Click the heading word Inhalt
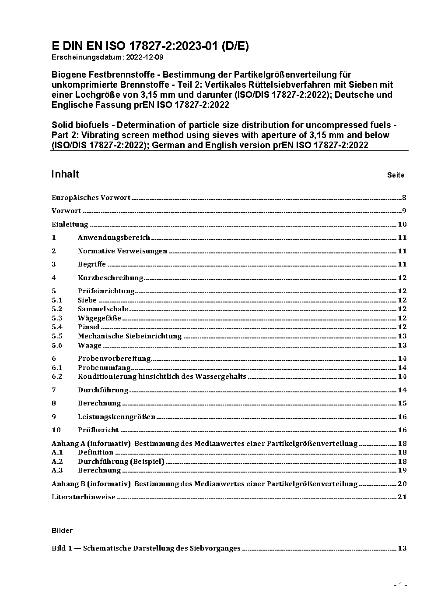pos(65,174)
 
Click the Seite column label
pos(395,175)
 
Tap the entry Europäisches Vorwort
pos(91,198)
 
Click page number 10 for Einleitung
pos(402,224)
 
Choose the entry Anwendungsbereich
pos(114,238)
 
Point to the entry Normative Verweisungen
pos(122,251)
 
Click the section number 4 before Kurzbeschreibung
pos(54,278)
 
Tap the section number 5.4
pos(57,327)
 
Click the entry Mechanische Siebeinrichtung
pos(129,336)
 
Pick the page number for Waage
pos(402,345)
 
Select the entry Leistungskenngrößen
pos(116,417)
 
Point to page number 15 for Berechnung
pos(402,403)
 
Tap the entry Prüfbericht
pos(98,430)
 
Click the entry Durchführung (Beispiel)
pos(121,462)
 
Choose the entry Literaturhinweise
pos(84,497)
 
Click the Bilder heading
pos(62,531)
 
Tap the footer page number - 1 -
pos(400,585)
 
